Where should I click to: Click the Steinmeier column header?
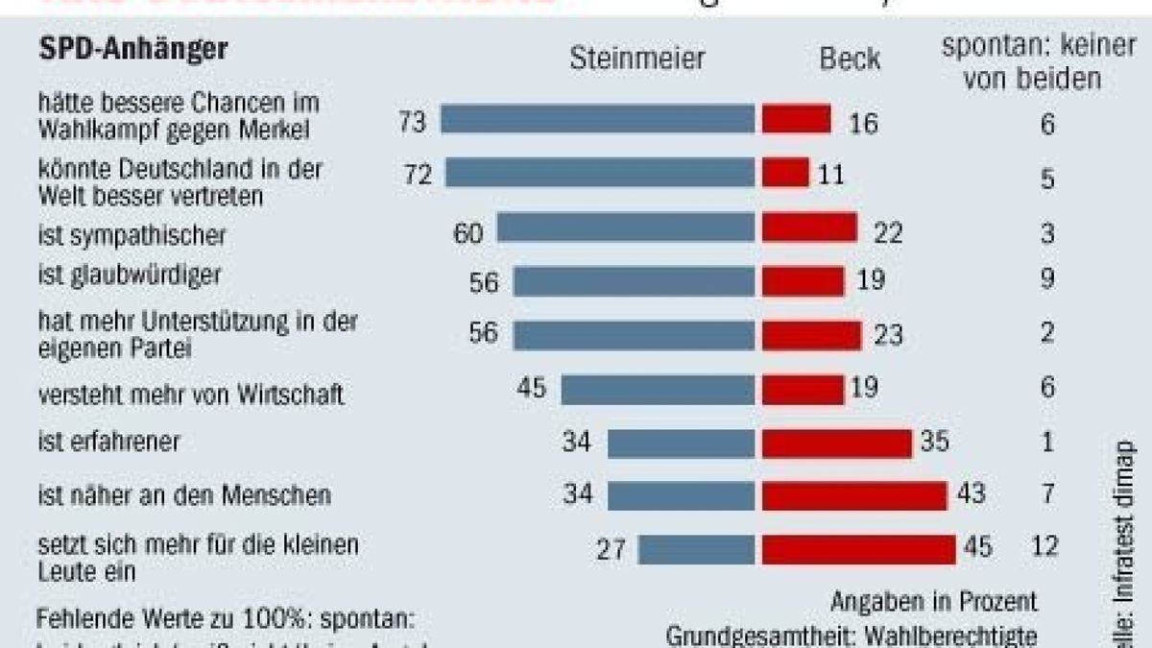pos(637,59)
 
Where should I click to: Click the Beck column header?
pos(850,59)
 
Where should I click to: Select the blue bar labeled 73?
pos(597,119)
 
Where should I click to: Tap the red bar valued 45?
pos(858,548)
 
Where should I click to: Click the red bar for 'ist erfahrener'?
pos(836,443)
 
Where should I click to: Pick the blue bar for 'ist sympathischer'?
pos(626,227)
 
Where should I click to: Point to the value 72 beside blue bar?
pos(419,176)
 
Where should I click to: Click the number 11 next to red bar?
pos(831,176)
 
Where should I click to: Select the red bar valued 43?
pos(854,494)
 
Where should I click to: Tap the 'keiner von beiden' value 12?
pos(1046,547)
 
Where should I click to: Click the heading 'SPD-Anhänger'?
pos(133,49)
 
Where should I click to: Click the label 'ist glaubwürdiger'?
pos(130,276)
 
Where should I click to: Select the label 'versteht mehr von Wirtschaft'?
pos(190,395)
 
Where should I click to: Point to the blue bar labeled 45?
pos(658,390)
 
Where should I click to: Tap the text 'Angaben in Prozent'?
pos(934,601)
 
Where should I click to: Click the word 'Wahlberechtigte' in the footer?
pos(954,636)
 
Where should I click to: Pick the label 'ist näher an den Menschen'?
pos(184,495)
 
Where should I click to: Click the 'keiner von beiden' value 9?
pos(1046,279)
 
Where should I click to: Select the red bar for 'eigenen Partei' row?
pos(811,335)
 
